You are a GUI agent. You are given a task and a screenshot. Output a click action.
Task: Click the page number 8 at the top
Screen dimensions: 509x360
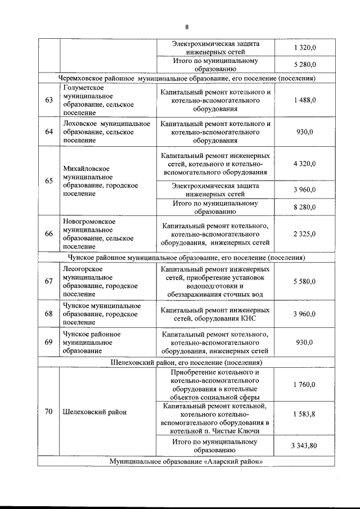(186, 27)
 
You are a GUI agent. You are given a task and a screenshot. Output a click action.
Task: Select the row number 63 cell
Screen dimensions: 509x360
(49, 100)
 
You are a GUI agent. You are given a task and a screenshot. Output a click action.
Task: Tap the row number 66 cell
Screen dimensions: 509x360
(49, 233)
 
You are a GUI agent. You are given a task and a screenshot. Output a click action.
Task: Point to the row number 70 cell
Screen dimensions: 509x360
(49, 412)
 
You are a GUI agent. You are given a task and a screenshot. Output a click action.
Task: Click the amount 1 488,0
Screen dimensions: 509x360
(304, 100)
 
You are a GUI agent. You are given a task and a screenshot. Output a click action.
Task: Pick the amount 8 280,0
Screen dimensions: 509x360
(304, 207)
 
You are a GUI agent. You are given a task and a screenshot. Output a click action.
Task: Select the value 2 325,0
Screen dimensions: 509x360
(304, 233)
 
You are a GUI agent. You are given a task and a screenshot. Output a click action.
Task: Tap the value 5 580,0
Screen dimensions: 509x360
(304, 281)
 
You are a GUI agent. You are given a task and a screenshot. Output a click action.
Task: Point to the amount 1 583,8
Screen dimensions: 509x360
(304, 414)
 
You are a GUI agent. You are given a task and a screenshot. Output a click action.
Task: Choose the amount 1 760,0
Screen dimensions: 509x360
(304, 385)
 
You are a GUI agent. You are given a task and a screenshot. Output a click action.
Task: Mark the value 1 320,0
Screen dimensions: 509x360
(304, 48)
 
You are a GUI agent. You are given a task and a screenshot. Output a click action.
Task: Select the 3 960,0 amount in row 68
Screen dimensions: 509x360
(304, 314)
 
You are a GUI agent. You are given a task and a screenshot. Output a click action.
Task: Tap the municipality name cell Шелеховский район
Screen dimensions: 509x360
(95, 412)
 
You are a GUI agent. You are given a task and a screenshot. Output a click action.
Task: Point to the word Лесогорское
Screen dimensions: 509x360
(83, 269)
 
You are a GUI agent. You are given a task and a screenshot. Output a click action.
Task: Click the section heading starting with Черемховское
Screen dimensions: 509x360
(186, 78)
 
